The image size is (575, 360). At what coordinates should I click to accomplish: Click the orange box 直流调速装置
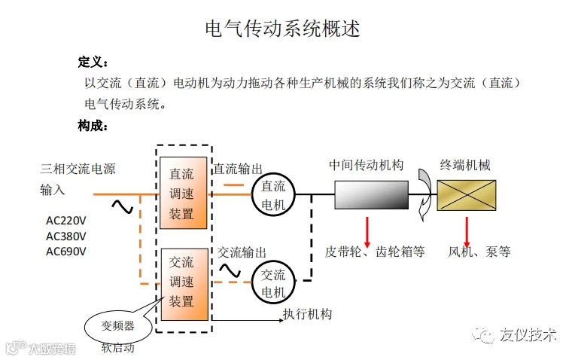coord(181,193)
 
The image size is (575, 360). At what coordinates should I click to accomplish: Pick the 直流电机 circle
coord(272,194)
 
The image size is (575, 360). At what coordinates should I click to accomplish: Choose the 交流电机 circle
coord(272,282)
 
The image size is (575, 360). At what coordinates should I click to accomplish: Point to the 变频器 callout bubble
coord(118,325)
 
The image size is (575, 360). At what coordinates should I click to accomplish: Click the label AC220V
coord(66,221)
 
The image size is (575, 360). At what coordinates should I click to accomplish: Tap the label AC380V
coord(66,236)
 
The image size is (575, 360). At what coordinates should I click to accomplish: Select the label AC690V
coord(66,251)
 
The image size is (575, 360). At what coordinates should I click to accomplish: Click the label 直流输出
coord(239,169)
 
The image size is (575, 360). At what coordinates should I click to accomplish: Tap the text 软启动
coord(118,348)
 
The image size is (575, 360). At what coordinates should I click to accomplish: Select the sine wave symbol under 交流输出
coord(230,269)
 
